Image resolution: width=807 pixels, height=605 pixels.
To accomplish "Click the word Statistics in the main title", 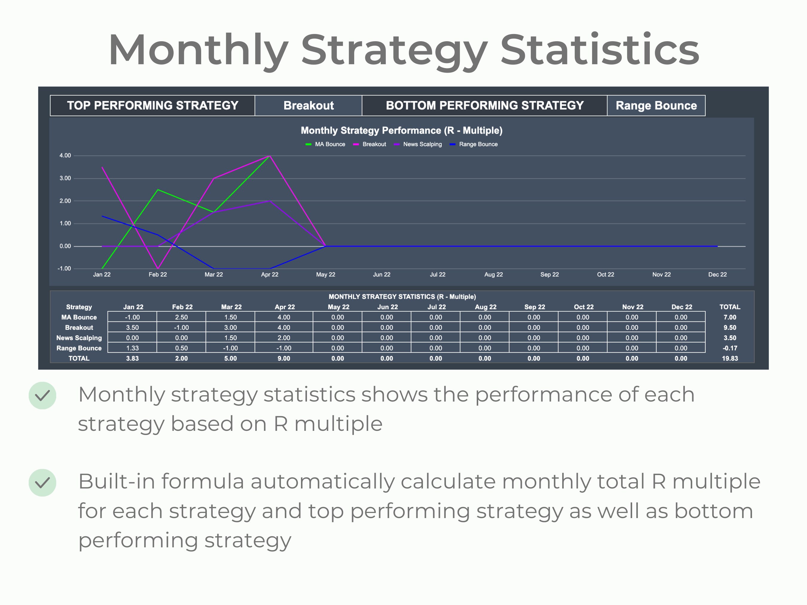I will pyautogui.click(x=599, y=50).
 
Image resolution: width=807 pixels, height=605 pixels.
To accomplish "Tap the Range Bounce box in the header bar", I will pyautogui.click(x=656, y=105).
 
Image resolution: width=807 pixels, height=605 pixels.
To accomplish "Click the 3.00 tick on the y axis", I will pyautogui.click(x=65, y=178).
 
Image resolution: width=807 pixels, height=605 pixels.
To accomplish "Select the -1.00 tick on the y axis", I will pyautogui.click(x=64, y=268).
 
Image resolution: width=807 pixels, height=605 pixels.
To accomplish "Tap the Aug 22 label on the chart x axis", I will pyautogui.click(x=493, y=275).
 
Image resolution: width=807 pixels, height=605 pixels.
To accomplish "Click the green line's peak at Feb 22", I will pyautogui.click(x=158, y=190).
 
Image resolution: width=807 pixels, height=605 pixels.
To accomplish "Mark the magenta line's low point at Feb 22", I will pyautogui.click(x=158, y=268).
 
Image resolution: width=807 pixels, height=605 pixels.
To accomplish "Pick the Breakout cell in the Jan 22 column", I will pyautogui.click(x=132, y=327).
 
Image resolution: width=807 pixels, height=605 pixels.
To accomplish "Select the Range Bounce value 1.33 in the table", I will pyautogui.click(x=132, y=348).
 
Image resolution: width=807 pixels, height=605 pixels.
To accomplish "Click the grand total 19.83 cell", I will pyautogui.click(x=730, y=359).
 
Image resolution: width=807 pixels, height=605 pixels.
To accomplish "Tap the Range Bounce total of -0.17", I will pyautogui.click(x=730, y=348).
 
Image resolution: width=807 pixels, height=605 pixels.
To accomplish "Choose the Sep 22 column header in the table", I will pyautogui.click(x=534, y=307).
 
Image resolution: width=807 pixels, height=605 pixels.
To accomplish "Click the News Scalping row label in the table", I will pyautogui.click(x=79, y=338).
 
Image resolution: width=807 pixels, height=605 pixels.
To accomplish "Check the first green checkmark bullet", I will pyautogui.click(x=42, y=395).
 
